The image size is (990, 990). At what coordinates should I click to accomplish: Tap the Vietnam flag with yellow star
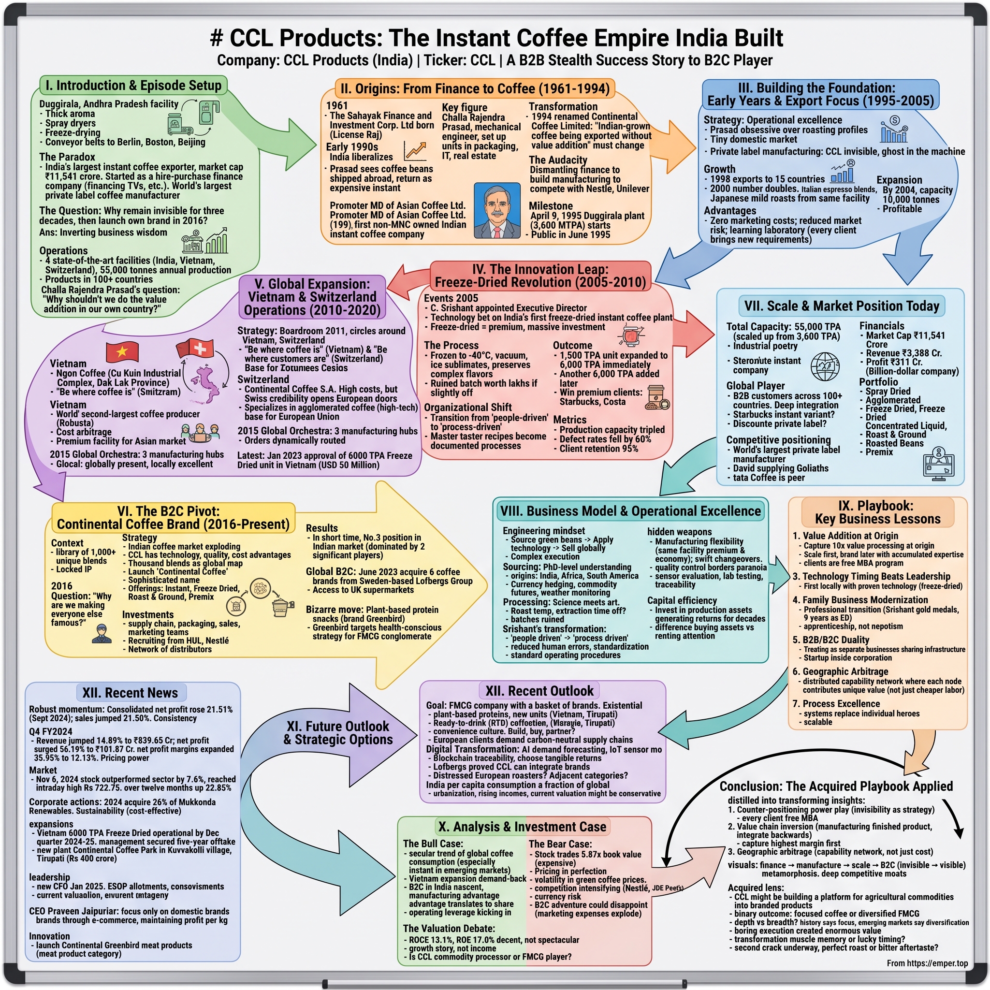tap(122, 351)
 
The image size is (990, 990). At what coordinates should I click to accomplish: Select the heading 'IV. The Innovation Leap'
tap(540, 276)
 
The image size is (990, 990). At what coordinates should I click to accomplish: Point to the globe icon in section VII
tap(825, 366)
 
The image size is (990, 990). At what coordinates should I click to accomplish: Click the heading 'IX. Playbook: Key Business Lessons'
tap(877, 512)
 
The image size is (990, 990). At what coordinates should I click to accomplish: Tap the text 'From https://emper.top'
tap(927, 963)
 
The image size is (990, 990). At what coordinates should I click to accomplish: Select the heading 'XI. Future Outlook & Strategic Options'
tap(338, 733)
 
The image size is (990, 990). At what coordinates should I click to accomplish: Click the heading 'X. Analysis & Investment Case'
tap(522, 827)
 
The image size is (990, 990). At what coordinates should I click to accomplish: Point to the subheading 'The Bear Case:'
tap(560, 844)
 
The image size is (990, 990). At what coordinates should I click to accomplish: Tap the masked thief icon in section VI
tap(102, 633)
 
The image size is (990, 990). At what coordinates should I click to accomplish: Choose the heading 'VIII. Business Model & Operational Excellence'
tap(630, 511)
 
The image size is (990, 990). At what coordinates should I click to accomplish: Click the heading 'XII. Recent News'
tap(130, 693)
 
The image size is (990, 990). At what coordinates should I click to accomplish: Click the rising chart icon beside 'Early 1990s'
tap(415, 150)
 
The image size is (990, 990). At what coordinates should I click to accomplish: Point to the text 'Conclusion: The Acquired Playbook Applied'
tap(836, 786)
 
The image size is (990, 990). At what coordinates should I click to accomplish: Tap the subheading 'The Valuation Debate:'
tap(449, 928)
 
